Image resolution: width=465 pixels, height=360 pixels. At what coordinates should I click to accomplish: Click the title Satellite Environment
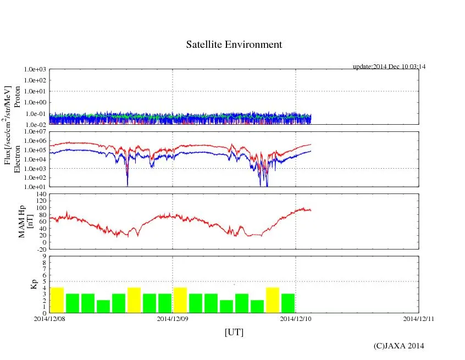234,45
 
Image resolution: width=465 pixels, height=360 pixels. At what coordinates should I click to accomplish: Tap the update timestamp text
389,67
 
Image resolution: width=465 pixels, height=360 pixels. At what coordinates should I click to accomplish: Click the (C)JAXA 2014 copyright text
398,346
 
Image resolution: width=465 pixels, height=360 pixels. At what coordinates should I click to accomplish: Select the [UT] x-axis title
234,332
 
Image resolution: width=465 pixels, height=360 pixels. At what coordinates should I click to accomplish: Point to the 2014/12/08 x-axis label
49,318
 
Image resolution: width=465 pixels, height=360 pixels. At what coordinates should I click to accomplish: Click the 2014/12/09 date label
173,318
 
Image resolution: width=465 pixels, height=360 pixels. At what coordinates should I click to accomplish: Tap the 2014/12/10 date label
296,318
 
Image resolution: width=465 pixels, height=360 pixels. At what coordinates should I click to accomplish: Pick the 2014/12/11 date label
419,318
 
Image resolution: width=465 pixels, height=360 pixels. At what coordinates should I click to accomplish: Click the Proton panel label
17,97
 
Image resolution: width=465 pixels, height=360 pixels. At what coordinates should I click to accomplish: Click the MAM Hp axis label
23,218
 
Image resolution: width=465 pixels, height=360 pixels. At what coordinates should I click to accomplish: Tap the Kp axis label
23,284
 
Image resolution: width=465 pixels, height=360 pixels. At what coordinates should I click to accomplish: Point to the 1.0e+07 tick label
36,132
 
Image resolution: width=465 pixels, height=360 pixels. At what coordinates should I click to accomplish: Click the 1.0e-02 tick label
36,125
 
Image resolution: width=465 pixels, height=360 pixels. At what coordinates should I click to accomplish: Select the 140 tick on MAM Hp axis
42,195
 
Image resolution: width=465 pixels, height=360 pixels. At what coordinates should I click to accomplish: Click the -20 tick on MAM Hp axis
42,249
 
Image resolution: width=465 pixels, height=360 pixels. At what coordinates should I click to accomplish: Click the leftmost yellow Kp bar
57,300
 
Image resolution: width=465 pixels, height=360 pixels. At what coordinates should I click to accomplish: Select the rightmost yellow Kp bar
273,300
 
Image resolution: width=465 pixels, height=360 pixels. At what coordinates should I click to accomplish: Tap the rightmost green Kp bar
288,303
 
